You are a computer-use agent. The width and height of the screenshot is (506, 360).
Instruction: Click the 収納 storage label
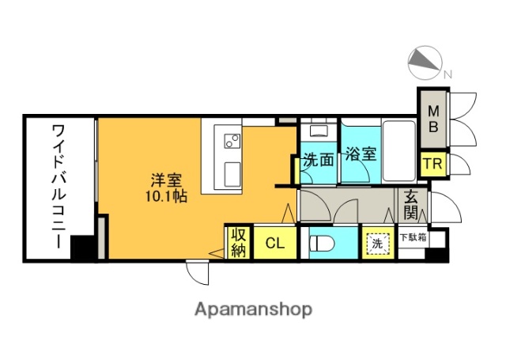point(237,242)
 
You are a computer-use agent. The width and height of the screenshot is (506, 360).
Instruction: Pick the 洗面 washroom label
point(319,157)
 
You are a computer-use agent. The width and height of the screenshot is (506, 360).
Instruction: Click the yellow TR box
point(431,165)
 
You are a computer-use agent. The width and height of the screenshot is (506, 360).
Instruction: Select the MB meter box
point(434,118)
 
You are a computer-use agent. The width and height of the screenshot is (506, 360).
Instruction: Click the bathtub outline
point(403,150)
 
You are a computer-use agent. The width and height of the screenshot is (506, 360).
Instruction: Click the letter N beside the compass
point(448,76)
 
